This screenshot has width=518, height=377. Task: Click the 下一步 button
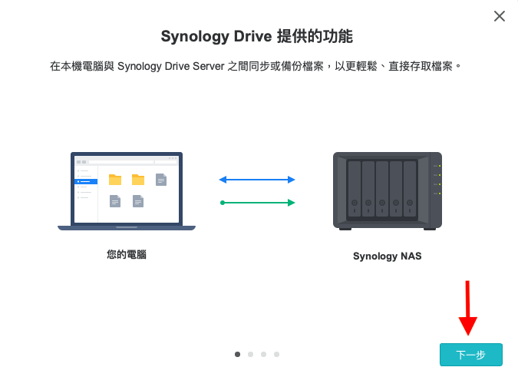tap(470, 355)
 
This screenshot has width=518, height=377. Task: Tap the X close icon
tap(500, 16)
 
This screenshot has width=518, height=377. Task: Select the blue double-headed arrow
tap(257, 180)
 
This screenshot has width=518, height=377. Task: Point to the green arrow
tap(257, 203)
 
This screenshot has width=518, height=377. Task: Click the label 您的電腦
tap(127, 254)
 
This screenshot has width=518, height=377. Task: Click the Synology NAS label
tap(387, 256)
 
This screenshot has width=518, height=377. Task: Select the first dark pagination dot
tap(237, 354)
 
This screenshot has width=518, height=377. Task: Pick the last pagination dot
tap(276, 354)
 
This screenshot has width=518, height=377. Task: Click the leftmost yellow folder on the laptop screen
tap(115, 180)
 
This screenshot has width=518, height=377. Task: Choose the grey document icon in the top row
tap(161, 180)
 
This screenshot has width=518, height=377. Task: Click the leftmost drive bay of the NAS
tap(354, 188)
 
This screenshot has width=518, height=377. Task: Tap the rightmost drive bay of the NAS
tap(410, 188)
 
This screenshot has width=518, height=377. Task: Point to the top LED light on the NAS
tap(439, 167)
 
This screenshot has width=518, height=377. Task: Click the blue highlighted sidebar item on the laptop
tap(86, 181)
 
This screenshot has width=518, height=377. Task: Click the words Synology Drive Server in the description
tap(176, 67)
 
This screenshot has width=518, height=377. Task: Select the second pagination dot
tap(250, 354)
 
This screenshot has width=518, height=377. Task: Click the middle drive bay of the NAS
tap(381, 188)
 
